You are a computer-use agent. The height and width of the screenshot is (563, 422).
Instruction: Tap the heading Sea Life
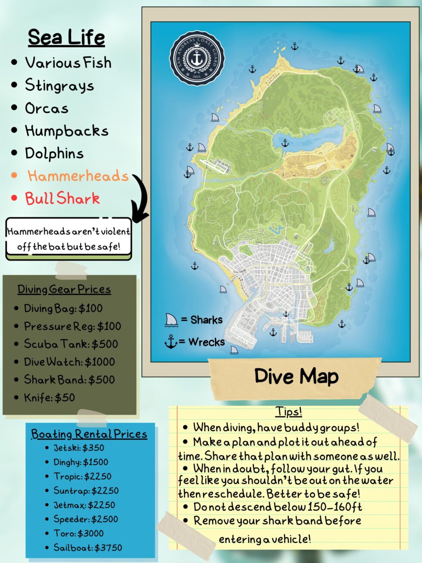pyautogui.click(x=66, y=37)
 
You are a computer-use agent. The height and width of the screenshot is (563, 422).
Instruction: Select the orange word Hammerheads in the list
pyautogui.click(x=78, y=176)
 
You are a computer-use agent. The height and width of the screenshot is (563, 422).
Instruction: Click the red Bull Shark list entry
pyautogui.click(x=62, y=198)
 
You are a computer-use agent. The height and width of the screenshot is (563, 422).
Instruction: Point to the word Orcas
pyautogui.click(x=47, y=108)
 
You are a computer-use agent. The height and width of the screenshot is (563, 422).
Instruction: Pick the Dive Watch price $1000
pyautogui.click(x=100, y=362)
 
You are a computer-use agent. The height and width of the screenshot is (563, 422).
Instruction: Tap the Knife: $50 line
pyautogui.click(x=49, y=397)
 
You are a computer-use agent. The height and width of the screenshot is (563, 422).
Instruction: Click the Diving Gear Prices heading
pyautogui.click(x=64, y=289)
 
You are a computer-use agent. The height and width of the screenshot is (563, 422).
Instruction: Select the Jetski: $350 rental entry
pyautogui.click(x=79, y=448)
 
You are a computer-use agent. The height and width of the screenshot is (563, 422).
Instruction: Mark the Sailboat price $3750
pyautogui.click(x=108, y=547)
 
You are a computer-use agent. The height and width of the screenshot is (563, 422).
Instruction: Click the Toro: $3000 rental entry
pyautogui.click(x=78, y=533)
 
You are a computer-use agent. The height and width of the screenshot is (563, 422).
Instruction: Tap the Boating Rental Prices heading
pyautogui.click(x=89, y=434)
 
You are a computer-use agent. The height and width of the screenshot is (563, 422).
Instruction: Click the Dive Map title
pyautogui.click(x=296, y=376)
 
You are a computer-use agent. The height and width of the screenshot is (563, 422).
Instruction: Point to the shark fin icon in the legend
pyautogui.click(x=171, y=320)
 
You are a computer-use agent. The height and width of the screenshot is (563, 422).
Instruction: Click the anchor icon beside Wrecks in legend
pyautogui.click(x=171, y=342)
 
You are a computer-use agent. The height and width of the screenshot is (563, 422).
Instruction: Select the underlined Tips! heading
pyautogui.click(x=289, y=412)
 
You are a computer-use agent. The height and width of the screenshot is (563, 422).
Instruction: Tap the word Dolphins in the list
pyautogui.click(x=54, y=153)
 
